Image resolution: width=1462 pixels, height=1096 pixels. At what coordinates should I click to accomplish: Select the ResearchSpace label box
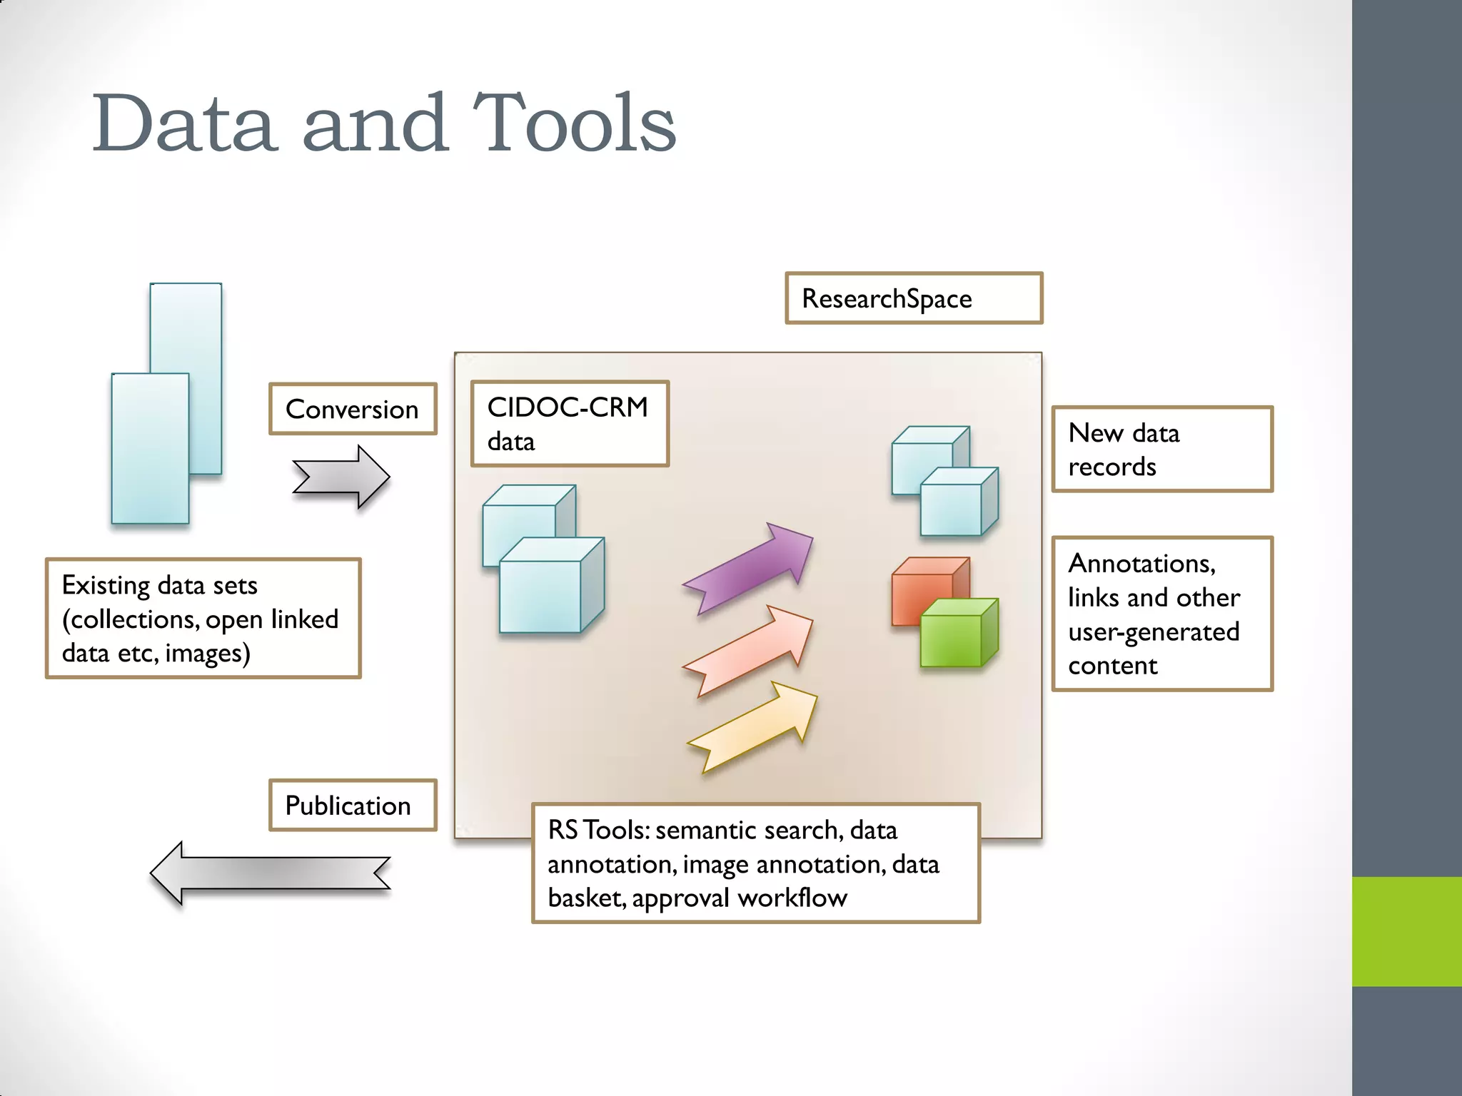pos(913,298)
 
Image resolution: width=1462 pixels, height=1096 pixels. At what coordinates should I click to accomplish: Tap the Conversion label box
pos(353,409)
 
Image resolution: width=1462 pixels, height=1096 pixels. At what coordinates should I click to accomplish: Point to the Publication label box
pos(353,805)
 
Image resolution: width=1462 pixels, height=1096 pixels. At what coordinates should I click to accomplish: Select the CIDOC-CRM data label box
pos(569,424)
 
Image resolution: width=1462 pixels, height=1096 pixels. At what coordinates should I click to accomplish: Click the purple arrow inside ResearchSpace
pos(750,567)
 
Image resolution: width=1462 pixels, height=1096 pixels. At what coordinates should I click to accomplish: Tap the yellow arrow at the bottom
pos(753,726)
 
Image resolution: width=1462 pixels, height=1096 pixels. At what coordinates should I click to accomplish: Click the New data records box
pos(1162,449)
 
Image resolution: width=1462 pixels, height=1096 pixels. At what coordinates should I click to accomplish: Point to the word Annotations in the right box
pos(1141,564)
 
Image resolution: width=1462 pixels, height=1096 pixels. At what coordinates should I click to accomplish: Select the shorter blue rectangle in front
pos(150,450)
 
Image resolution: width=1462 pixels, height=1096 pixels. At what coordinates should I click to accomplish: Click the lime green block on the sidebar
pos(1406,931)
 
